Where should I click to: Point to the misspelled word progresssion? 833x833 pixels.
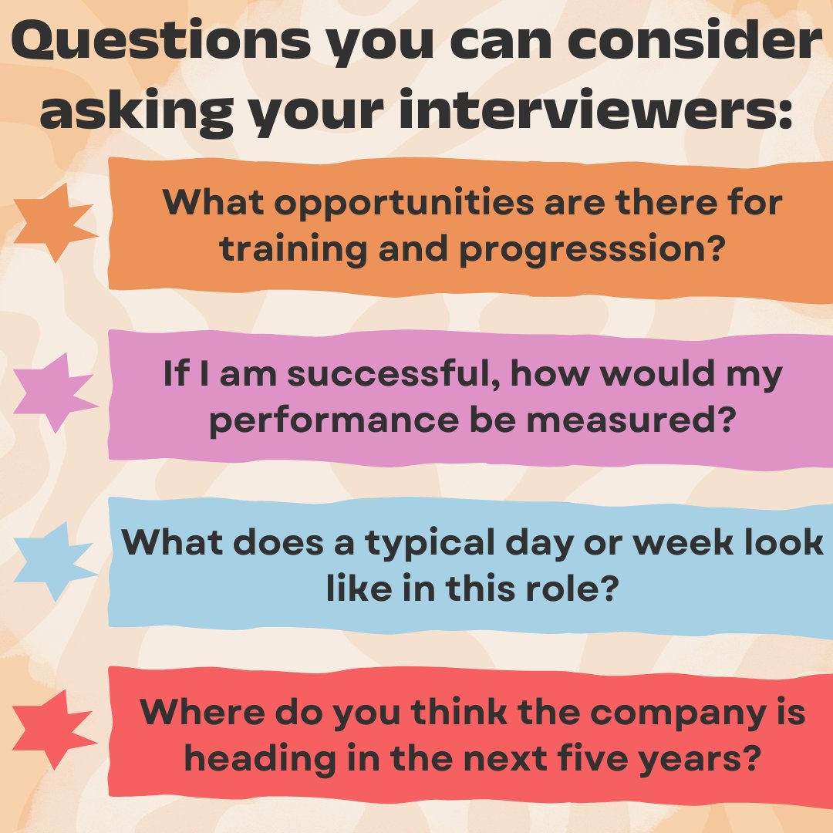[x=593, y=251]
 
